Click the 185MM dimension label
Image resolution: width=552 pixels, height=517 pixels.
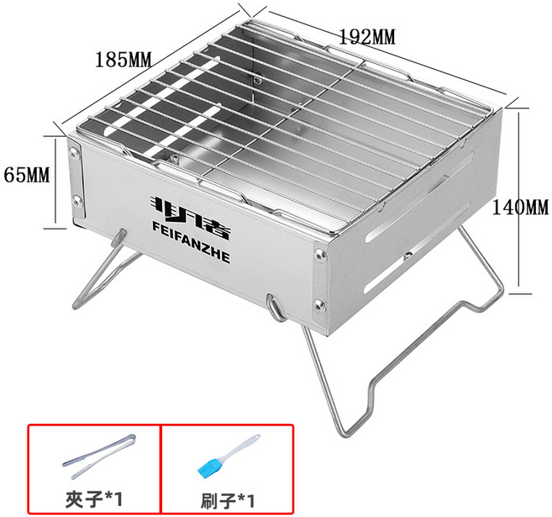tap(124, 59)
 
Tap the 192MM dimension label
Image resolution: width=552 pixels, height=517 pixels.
tap(367, 37)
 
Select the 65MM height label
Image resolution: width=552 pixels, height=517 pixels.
tap(27, 174)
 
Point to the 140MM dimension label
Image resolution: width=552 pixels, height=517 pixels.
tap(520, 207)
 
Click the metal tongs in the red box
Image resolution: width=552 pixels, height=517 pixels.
tap(99, 456)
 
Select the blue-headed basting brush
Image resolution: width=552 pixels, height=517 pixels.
tap(229, 456)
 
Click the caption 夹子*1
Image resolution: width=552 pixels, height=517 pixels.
tap(94, 499)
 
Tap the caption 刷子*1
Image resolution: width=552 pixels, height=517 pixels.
tap(228, 500)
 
